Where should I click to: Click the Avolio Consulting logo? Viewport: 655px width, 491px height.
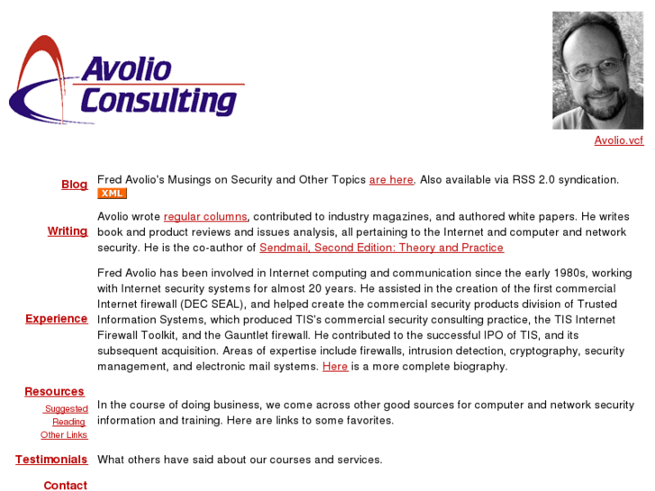126,81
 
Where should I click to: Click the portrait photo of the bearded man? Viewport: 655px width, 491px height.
597,70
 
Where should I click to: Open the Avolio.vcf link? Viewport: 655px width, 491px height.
618,141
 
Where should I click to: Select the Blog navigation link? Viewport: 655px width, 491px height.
74,185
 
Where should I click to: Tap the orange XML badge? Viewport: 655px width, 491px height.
112,194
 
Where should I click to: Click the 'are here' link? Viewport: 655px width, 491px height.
391,180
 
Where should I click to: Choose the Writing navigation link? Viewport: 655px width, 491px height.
68,232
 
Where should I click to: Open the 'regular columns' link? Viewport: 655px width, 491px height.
205,217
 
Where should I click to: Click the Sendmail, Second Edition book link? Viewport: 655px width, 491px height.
381,248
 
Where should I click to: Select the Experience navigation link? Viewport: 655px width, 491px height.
56,319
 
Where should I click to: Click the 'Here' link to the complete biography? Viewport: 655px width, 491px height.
335,367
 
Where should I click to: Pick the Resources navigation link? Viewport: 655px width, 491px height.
54,392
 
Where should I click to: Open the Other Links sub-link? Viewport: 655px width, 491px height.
64,435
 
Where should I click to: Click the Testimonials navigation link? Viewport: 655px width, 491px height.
51,459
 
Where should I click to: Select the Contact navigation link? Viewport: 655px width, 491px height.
66,486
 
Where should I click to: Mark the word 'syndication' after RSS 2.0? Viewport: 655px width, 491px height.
588,180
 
